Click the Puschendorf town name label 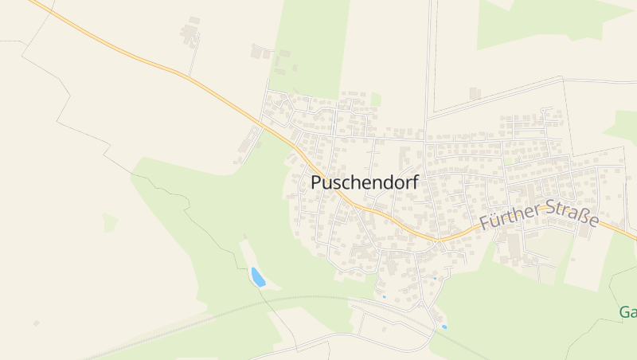[x=364, y=182]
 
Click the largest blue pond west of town [x=258, y=277]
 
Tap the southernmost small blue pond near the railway [x=444, y=327]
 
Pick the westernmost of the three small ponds [x=383, y=297]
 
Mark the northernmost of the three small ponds [x=434, y=278]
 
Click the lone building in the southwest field [x=36, y=323]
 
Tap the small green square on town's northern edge [x=375, y=100]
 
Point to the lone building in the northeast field [x=475, y=93]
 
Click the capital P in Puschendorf [x=316, y=182]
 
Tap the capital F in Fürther [x=485, y=225]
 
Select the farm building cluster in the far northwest [x=190, y=33]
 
